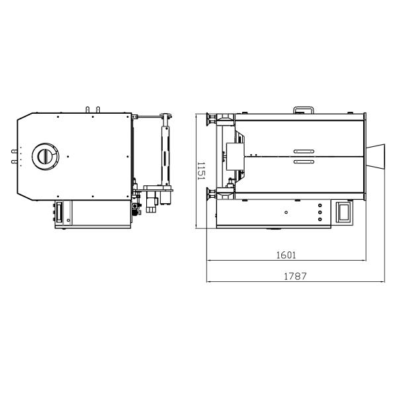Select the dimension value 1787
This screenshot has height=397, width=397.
296,276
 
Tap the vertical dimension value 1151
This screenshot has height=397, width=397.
201,171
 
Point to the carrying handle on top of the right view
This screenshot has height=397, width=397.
305,109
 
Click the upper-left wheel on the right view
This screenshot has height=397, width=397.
210,119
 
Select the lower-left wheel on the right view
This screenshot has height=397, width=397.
210,193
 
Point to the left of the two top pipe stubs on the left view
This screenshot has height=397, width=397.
88,108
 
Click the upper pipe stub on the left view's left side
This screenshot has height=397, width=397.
13,151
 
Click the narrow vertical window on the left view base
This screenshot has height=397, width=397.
58,213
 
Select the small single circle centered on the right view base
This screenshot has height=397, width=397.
286,212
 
